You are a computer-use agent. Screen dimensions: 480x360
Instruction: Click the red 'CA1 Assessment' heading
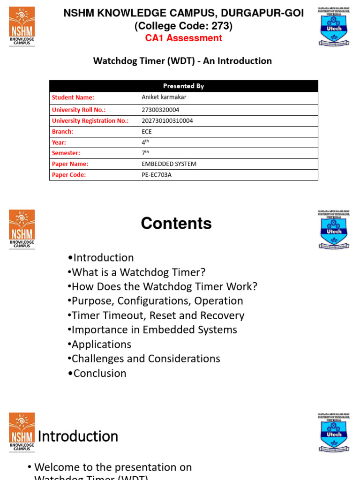click(184, 38)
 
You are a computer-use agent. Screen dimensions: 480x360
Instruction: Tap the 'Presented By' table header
click(183, 86)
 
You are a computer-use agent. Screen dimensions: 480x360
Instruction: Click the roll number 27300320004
click(160, 110)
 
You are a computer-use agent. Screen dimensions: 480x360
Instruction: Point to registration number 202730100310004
click(167, 120)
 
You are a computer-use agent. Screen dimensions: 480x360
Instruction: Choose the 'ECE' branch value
click(147, 132)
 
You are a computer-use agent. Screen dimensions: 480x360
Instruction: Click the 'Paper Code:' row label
click(69, 175)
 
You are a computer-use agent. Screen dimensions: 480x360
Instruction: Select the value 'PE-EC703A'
click(157, 175)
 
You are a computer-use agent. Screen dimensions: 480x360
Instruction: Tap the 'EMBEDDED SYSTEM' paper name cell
click(169, 164)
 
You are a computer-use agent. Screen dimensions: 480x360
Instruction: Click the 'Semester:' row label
click(66, 153)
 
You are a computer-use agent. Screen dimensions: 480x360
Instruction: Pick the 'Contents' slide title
click(176, 224)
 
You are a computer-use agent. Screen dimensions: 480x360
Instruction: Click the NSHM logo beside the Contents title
click(22, 229)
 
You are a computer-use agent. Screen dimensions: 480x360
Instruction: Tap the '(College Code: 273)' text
click(184, 26)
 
